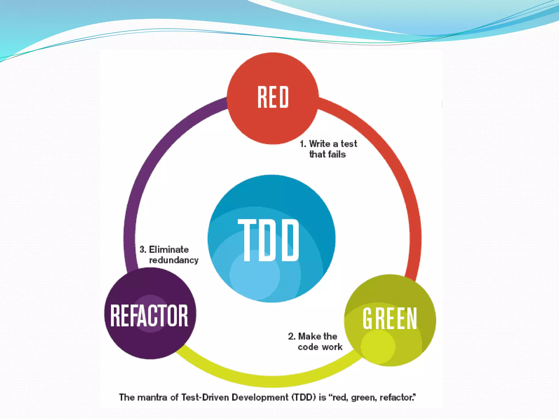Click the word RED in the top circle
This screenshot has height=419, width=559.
pos(273,97)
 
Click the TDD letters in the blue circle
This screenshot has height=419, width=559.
pos(269,240)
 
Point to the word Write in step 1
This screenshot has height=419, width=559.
pos(320,144)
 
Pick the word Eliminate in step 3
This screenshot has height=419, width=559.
pos(169,249)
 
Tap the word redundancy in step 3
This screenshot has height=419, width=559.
pos(174,260)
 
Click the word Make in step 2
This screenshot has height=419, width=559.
pos(310,336)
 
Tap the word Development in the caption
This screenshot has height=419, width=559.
pos(260,397)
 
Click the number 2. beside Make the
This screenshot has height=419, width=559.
pos(292,336)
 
